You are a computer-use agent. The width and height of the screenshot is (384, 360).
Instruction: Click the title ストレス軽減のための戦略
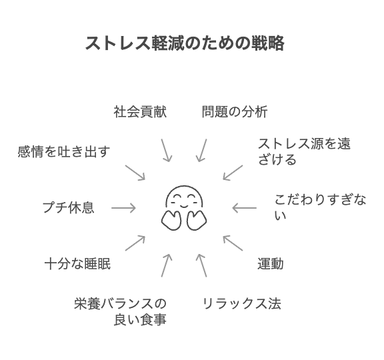click(185, 43)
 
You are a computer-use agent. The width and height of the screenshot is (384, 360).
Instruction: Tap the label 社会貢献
click(140, 112)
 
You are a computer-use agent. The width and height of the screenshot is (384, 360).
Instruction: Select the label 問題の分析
click(235, 112)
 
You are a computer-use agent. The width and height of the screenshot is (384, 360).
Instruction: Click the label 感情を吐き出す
click(64, 151)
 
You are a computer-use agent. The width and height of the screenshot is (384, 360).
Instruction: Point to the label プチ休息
click(69, 208)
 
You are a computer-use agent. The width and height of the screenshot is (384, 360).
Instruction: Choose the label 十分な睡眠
click(77, 264)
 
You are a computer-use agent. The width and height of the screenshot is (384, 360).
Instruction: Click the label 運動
click(271, 264)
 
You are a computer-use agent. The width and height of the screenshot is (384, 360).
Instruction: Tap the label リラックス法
click(241, 304)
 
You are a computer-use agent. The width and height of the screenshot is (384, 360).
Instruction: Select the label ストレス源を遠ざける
click(304, 151)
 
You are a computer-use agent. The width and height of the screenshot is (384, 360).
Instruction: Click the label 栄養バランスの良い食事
click(120, 311)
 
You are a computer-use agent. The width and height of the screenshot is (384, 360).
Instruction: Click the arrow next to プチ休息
click(123, 208)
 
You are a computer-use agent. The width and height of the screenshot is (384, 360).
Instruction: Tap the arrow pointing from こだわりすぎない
click(245, 208)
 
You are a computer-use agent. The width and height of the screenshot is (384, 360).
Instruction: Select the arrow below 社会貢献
click(166, 151)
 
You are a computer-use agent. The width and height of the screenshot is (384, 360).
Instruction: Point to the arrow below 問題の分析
click(201, 151)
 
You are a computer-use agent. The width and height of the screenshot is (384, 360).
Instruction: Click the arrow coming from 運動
click(233, 243)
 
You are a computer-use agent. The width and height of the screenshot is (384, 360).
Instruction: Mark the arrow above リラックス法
click(201, 265)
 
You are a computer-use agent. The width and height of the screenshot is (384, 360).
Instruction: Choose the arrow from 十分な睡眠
click(135, 243)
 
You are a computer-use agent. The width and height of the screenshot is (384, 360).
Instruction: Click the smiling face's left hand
click(171, 220)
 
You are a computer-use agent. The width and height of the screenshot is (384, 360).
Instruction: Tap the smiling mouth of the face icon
click(184, 206)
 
